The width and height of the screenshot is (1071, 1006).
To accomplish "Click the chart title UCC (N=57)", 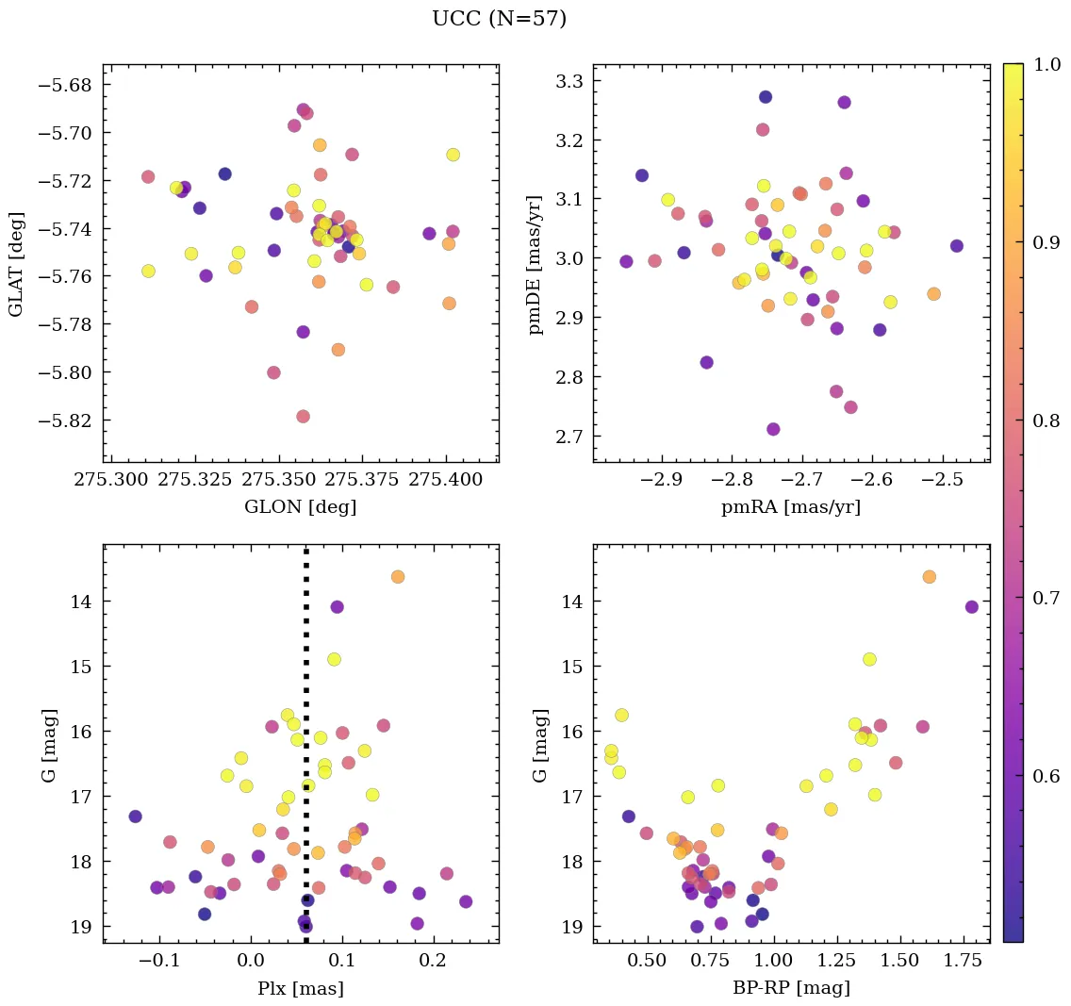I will click(x=499, y=19).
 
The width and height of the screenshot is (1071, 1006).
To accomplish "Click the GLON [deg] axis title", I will click(x=300, y=507).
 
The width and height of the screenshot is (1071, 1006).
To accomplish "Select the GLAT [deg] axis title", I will click(x=16, y=265).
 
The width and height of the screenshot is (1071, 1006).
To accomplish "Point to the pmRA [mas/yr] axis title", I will click(x=790, y=507).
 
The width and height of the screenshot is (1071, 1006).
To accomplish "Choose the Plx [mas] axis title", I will click(x=300, y=988).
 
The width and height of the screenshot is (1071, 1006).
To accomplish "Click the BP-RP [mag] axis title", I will click(x=790, y=988).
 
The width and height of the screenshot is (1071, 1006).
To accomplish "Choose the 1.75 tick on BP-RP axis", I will click(x=964, y=962).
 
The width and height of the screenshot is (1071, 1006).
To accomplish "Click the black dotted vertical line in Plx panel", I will click(x=306, y=660).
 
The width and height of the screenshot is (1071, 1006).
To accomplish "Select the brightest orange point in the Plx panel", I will click(x=398, y=576).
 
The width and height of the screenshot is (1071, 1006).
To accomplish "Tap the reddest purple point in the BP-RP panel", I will click(x=972, y=607).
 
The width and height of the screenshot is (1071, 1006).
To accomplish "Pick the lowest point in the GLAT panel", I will click(x=303, y=417).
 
